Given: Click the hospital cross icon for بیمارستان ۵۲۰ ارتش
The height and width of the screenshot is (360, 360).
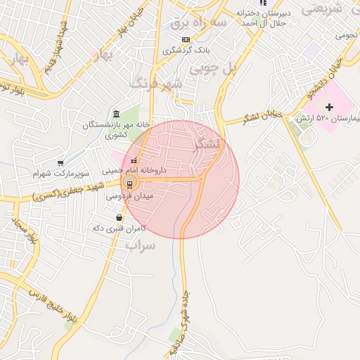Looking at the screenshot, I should [x=330, y=107].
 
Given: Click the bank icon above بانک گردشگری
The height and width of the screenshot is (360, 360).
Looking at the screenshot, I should [x=185, y=39].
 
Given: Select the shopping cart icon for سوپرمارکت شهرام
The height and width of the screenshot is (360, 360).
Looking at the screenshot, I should [x=60, y=162].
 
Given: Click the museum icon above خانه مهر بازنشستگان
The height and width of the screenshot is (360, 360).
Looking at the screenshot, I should [x=116, y=115].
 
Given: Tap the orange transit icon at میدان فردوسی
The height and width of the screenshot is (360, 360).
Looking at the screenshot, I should [x=129, y=184].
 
